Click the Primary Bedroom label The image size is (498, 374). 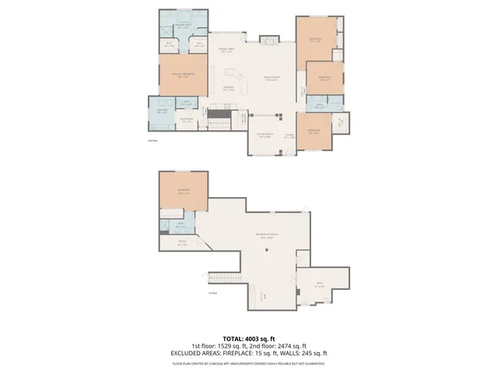(x=184, y=75)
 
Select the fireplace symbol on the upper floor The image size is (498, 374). (x=268, y=39)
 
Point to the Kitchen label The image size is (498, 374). (x=229, y=87)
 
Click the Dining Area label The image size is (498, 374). (x=226, y=50)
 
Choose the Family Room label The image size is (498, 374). (x=271, y=78)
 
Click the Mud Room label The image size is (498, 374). (x=187, y=119)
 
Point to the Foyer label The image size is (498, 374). (x=289, y=135)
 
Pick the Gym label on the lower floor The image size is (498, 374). (x=319, y=285)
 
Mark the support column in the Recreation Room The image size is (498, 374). (x=267, y=250)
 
